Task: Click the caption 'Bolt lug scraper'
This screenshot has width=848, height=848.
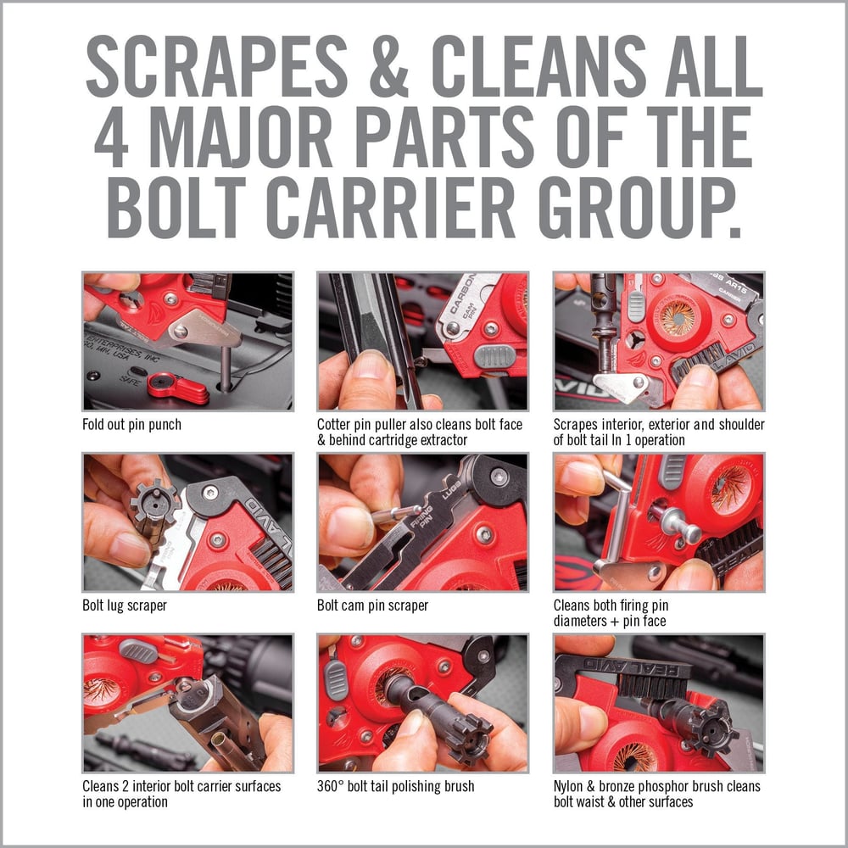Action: [124, 605]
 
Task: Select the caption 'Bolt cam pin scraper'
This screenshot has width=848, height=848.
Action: [372, 605]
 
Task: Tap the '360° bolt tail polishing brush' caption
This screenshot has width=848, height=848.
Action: [396, 786]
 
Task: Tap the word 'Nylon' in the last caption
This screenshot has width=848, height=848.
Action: [569, 786]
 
